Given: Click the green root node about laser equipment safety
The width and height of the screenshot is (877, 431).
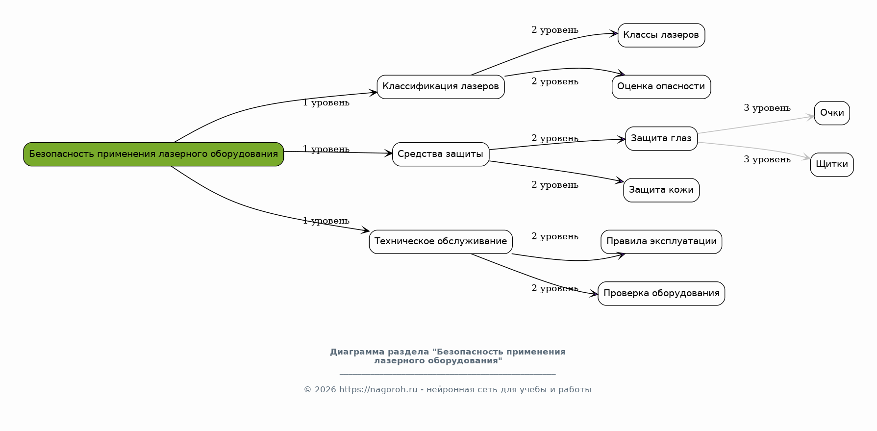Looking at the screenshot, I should click(153, 154).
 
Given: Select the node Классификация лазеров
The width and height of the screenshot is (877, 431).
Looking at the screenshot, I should click(440, 87).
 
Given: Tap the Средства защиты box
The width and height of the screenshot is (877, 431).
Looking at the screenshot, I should click(440, 154).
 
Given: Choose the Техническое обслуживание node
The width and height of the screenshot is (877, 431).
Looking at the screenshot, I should click(440, 242).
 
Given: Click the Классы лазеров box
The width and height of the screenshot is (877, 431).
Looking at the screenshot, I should click(661, 35).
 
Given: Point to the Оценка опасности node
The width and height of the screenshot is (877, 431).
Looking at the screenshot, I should click(661, 87).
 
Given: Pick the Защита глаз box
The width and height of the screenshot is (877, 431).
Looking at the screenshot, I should click(661, 139).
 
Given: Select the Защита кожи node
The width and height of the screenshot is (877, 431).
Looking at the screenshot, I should click(661, 190).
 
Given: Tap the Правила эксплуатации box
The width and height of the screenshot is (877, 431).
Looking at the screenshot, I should click(661, 242).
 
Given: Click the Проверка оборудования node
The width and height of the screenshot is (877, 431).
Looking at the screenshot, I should click(661, 294).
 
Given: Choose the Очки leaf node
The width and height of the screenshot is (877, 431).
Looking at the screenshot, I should click(831, 113).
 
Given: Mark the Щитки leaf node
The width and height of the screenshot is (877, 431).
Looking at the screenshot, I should click(831, 165).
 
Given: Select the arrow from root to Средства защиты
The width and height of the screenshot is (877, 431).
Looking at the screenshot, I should click(338, 152).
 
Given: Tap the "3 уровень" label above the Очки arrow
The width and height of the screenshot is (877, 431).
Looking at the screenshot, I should click(767, 108).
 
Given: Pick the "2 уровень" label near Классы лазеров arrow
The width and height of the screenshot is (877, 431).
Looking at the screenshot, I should click(554, 30).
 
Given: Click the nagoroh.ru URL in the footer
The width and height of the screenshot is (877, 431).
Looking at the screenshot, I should click(378, 390).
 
